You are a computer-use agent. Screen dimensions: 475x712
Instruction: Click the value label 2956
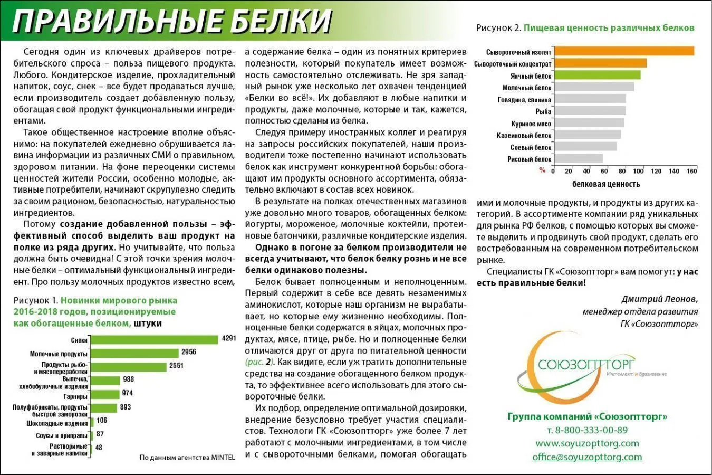(x=189, y=352)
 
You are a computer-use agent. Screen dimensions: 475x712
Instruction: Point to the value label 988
(x=129, y=379)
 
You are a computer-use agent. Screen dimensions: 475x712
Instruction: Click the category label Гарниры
(x=75, y=396)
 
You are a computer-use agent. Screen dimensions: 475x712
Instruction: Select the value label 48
(x=99, y=448)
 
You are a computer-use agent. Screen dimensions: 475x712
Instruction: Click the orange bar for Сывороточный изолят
(x=624, y=51)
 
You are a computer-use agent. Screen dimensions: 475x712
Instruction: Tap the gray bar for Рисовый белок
(x=579, y=158)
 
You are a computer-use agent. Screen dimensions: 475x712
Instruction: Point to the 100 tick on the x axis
(x=638, y=171)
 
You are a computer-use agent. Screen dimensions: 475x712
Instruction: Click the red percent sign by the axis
(x=542, y=170)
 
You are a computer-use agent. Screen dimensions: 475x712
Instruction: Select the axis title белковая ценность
(x=605, y=184)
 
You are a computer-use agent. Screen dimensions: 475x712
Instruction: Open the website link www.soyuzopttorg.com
(x=587, y=443)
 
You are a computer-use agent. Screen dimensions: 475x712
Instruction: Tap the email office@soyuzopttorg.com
(x=587, y=457)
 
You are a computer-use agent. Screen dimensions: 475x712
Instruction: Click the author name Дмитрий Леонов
(x=659, y=299)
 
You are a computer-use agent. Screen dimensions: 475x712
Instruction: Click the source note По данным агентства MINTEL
(x=187, y=458)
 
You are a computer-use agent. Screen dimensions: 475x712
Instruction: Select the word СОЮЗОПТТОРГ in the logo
(x=586, y=365)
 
